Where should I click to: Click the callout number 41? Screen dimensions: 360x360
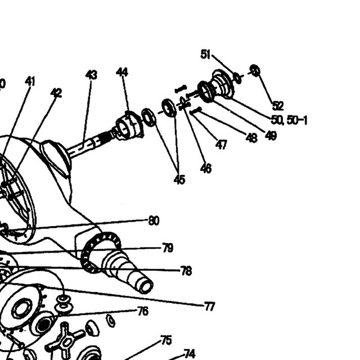[30, 82]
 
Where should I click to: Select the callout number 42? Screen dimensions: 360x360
[56, 93]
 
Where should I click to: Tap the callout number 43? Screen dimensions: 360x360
[91, 75]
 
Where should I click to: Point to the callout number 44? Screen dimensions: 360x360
[122, 72]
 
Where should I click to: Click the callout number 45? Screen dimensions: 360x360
[179, 179]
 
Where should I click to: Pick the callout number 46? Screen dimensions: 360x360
[206, 169]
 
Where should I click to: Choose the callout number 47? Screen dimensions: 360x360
[221, 145]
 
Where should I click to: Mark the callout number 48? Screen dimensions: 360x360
[251, 138]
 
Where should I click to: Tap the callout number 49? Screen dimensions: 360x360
[271, 135]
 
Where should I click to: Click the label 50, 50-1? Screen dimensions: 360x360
[289, 120]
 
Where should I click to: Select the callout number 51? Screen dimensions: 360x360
[205, 55]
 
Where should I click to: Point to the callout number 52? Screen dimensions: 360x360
[278, 106]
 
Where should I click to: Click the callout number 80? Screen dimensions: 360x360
[154, 220]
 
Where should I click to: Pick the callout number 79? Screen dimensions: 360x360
[168, 247]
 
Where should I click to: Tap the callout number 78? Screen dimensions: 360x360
[186, 271]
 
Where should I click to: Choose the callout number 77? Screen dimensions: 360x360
[209, 307]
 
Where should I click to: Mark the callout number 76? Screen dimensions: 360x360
[143, 311]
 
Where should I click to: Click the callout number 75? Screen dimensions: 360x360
[166, 340]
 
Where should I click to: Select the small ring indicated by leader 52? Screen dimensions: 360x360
[255, 71]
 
